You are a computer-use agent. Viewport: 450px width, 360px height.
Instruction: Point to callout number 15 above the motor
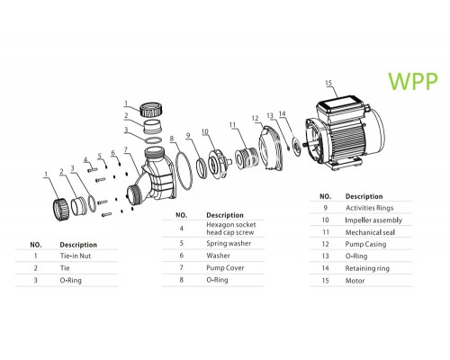tap(328, 84)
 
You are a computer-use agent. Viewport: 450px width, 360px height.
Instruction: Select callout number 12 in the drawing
tap(255, 117)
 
